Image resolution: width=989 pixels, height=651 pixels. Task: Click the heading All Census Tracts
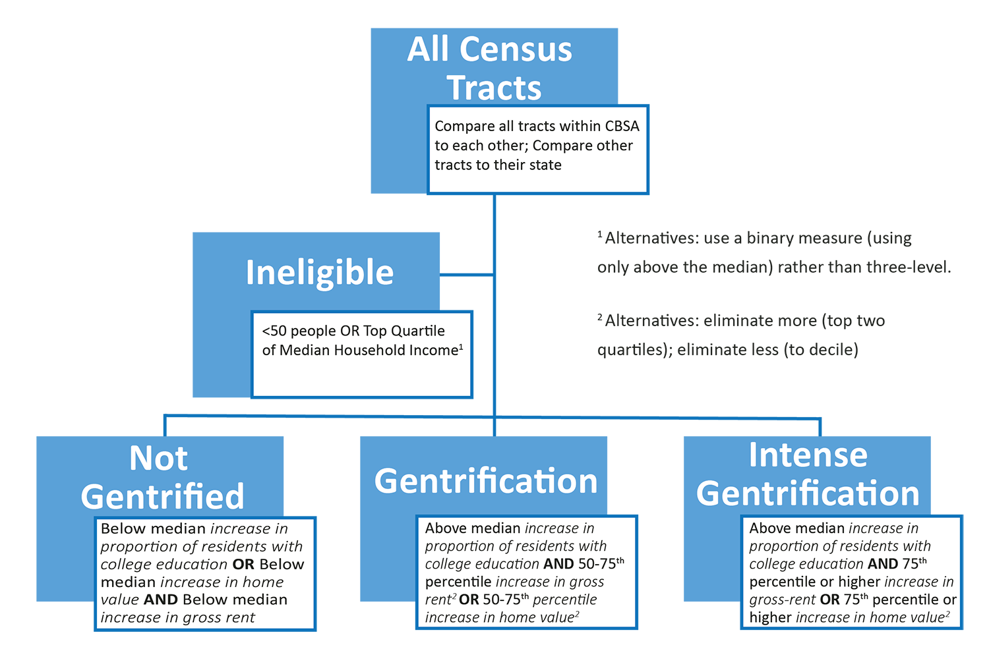491,68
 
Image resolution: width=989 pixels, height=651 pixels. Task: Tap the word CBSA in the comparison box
622,126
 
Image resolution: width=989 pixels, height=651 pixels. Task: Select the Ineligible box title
319,272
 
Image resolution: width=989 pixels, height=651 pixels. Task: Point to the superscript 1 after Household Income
461,345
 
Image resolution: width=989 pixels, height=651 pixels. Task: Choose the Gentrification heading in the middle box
485,481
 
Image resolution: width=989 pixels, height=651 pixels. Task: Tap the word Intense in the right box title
808,455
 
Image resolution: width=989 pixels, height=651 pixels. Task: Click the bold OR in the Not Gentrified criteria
243,565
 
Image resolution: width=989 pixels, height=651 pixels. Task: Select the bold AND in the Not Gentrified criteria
161,600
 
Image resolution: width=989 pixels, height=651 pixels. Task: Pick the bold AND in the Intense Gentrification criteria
883,564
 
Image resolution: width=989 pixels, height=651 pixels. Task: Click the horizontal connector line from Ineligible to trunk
466,274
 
